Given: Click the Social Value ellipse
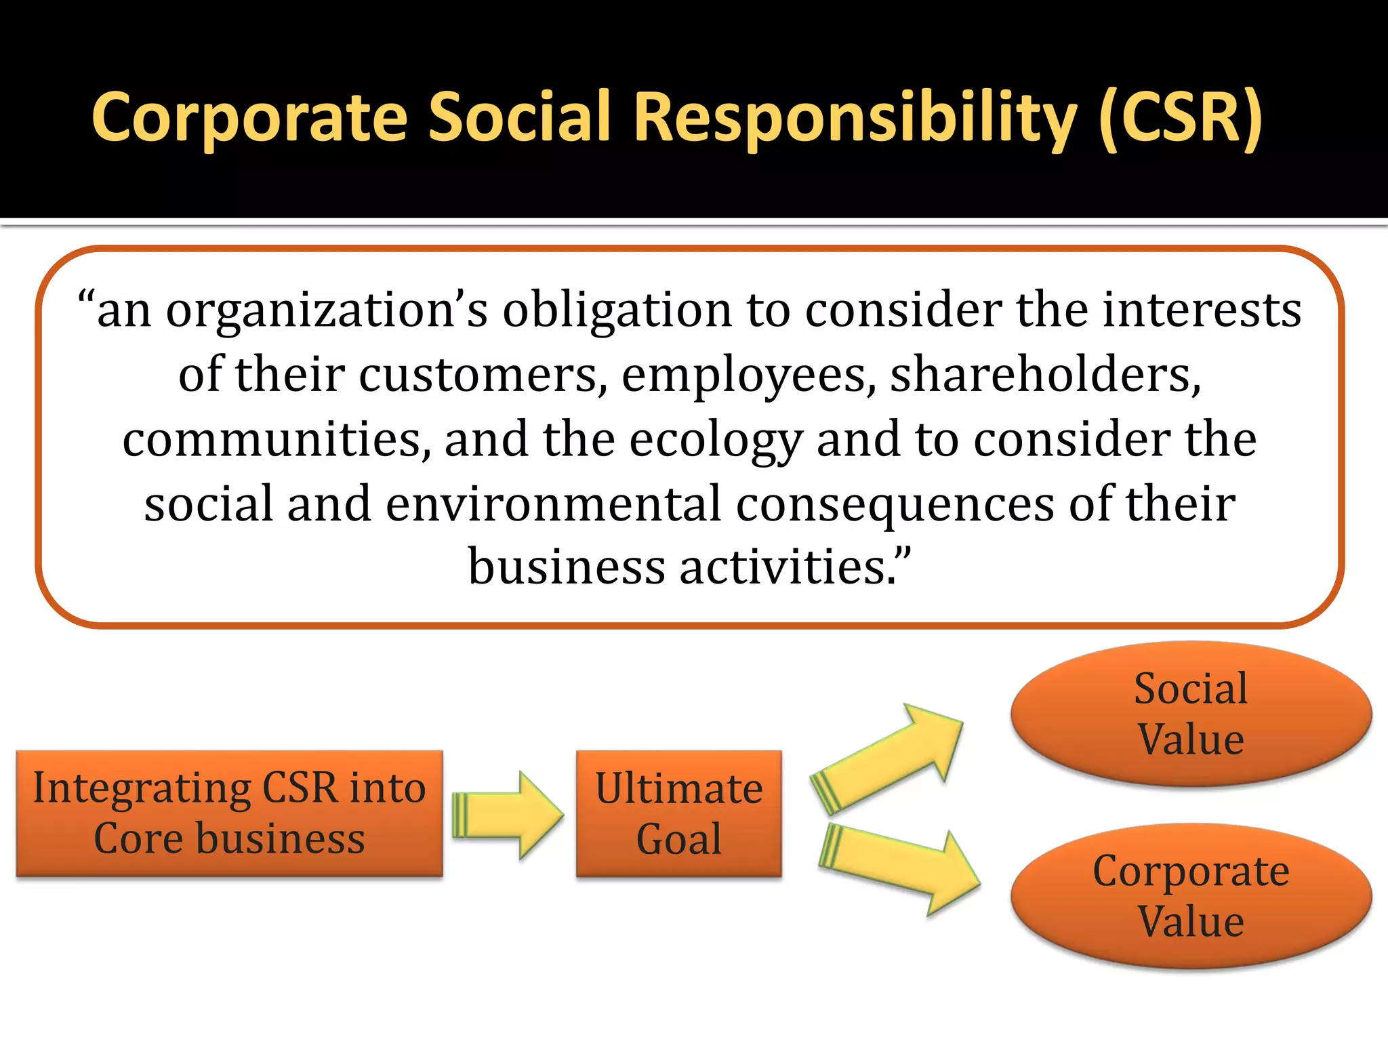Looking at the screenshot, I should click(1191, 714).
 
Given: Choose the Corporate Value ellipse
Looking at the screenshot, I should click(1191, 896).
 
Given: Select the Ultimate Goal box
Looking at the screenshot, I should click(678, 813).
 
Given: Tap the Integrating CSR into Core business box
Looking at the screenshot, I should click(229, 813).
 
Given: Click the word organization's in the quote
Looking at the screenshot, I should click(327, 310).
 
